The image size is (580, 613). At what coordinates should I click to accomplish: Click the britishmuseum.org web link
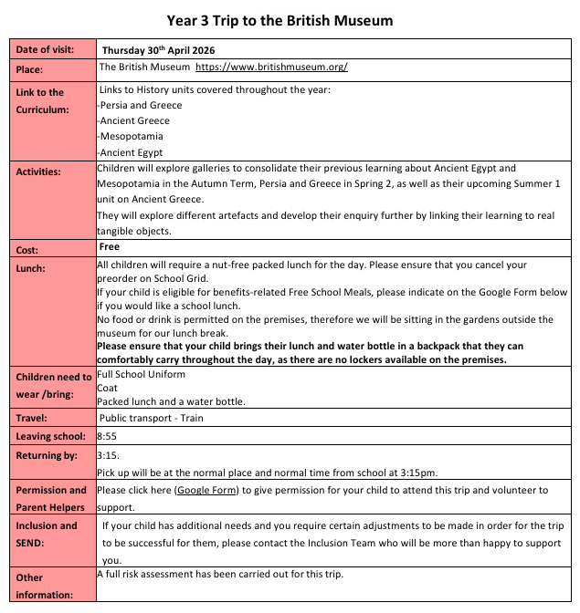click(271, 68)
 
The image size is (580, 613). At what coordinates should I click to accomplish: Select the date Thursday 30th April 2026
click(163, 50)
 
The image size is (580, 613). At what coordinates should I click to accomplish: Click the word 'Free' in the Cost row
click(110, 247)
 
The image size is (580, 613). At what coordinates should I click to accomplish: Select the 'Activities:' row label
click(38, 171)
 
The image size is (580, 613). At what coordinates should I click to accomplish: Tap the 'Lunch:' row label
click(32, 269)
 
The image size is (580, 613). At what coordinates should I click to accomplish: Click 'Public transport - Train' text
click(151, 419)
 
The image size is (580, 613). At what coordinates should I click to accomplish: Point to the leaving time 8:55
click(108, 436)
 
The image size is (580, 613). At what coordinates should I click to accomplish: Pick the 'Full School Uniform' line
click(141, 375)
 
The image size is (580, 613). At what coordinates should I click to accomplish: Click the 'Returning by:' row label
click(47, 454)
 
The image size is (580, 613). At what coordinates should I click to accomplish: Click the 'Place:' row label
click(31, 68)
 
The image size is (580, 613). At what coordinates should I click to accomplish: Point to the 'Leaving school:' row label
click(51, 436)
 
